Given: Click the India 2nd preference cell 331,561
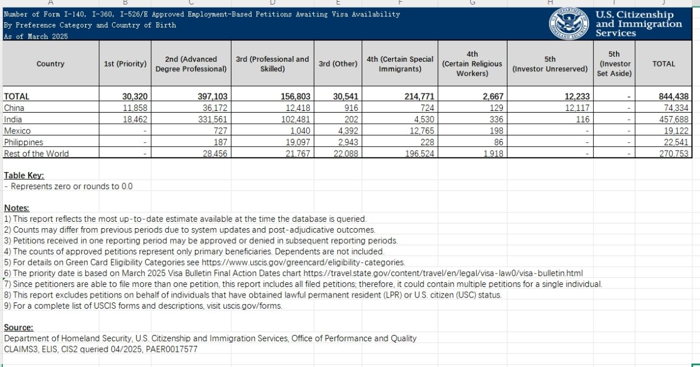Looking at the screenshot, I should [213, 120].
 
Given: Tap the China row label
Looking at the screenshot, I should [14, 108].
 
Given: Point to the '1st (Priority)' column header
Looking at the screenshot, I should [125, 64].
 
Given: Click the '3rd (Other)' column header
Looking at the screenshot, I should [338, 64].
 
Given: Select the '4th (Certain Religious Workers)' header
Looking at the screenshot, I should [473, 64].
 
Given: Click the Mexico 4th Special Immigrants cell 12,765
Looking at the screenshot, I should [418, 131].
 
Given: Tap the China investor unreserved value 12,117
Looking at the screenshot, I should [571, 108].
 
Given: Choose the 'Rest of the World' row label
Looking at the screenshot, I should [36, 154].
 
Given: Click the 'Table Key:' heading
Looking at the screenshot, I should [24, 176].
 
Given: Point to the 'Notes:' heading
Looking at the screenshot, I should [17, 208].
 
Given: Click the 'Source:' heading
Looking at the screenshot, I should [19, 328].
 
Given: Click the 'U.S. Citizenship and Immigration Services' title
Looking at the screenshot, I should [638, 24].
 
